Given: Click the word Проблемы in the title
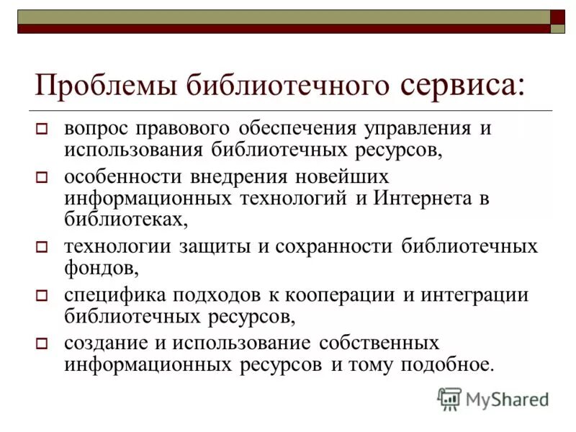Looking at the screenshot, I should (106, 86).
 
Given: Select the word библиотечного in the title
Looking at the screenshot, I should (288, 86).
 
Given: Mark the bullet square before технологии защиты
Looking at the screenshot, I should (41, 248).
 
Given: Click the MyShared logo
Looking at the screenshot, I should (493, 398).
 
